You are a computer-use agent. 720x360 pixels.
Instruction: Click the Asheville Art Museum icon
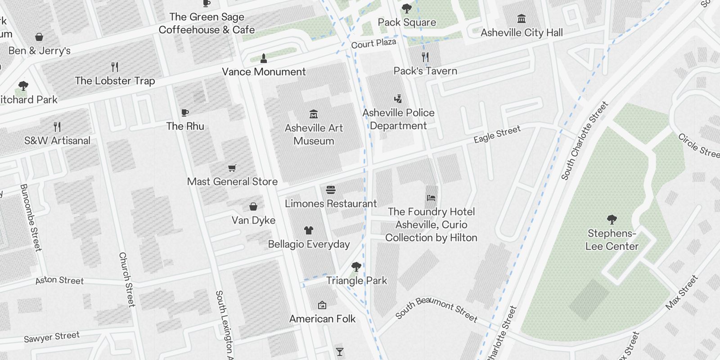[314, 114]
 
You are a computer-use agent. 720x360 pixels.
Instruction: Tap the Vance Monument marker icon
[264, 58]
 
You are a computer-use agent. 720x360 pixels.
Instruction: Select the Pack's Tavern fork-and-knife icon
[425, 57]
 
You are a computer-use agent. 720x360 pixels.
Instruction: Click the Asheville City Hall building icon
[522, 18]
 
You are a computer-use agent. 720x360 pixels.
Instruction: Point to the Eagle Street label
[497, 134]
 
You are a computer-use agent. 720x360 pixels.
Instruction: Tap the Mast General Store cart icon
[232, 168]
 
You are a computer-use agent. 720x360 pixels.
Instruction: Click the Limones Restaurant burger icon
[331, 190]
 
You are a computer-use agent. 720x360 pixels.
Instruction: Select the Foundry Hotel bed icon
[431, 198]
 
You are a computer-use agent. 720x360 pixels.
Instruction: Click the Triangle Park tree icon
[356, 267]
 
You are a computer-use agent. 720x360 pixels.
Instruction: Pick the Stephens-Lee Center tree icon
[612, 219]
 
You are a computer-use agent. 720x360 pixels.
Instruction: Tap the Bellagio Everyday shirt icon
[308, 230]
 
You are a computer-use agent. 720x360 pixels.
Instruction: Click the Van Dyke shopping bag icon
[253, 207]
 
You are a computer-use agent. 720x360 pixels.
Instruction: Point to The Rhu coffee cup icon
[185, 112]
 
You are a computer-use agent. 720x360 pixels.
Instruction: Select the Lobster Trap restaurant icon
[115, 67]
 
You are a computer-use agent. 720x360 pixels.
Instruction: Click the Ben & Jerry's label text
[40, 50]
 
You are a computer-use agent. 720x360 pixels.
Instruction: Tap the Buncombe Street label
[31, 217]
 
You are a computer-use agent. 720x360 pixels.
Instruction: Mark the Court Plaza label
[373, 43]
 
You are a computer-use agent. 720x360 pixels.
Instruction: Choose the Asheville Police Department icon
[398, 99]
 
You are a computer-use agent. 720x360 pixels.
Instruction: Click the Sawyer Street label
[52, 337]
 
